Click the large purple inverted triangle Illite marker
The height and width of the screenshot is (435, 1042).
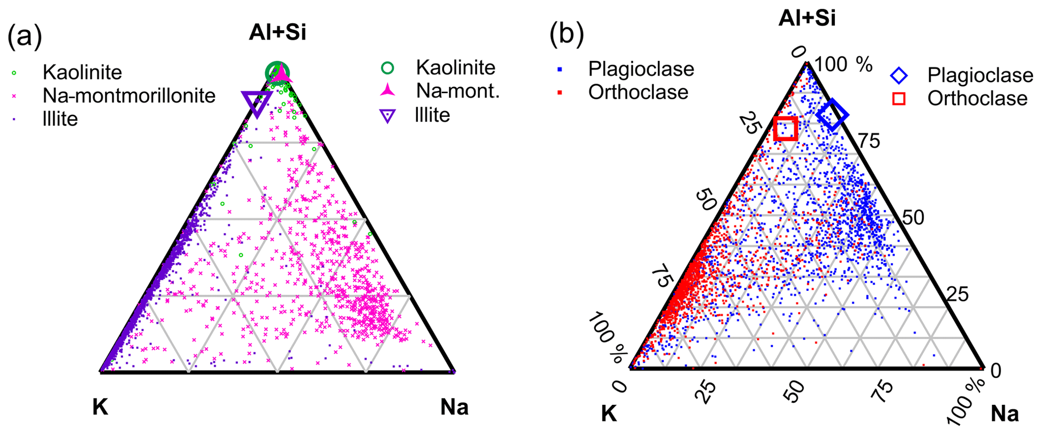pyautogui.click(x=257, y=103)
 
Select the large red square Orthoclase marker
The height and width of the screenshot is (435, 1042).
pyautogui.click(x=785, y=129)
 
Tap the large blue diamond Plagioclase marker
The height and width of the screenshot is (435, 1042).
pyautogui.click(x=832, y=115)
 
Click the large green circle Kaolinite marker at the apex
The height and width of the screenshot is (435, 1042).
pyautogui.click(x=277, y=73)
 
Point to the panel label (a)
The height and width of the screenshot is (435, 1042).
pyautogui.click(x=24, y=36)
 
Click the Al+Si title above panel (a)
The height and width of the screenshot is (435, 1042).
pyautogui.click(x=277, y=33)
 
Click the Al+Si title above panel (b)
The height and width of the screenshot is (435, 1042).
pyautogui.click(x=807, y=18)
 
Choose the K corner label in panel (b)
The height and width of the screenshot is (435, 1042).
pyautogui.click(x=609, y=414)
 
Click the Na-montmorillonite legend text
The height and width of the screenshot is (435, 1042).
pyautogui.click(x=129, y=96)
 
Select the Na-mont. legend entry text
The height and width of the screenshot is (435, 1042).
pyautogui.click(x=458, y=91)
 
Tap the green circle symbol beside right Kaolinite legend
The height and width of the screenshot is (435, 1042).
pyautogui.click(x=387, y=68)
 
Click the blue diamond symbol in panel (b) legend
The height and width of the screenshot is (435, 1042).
pyautogui.click(x=899, y=76)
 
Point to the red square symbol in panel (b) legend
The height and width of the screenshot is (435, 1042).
pyautogui.click(x=899, y=99)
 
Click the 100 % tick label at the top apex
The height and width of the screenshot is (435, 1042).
pyautogui.click(x=843, y=65)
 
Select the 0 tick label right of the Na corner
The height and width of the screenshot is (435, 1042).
pyautogui.click(x=996, y=371)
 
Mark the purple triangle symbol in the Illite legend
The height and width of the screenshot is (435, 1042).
pyautogui.click(x=387, y=116)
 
